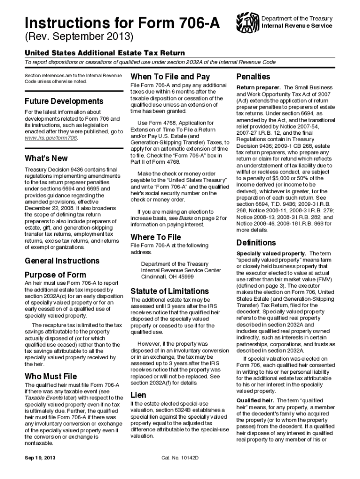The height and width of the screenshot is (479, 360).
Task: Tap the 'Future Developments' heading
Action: pyautogui.click(x=64, y=101)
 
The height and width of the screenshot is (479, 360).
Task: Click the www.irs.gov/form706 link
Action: pyautogui.click(x=51, y=138)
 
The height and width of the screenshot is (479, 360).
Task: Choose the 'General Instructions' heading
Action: pyautogui.click(x=62, y=261)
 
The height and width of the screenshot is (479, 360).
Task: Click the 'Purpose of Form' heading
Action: pyautogui.click(x=55, y=274)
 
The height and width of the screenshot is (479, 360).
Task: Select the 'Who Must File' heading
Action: pyautogui.click(x=50, y=376)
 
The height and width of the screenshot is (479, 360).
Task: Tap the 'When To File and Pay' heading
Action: pyautogui.click(x=170, y=76)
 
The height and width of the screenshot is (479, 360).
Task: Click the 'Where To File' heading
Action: pyautogui.click(x=156, y=237)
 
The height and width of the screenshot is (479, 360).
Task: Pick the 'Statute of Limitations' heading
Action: pyautogui.click(x=170, y=290)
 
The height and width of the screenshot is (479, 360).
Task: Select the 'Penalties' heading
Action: pyautogui.click(x=253, y=76)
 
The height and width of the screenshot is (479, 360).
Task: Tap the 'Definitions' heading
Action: pyautogui.click(x=256, y=243)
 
